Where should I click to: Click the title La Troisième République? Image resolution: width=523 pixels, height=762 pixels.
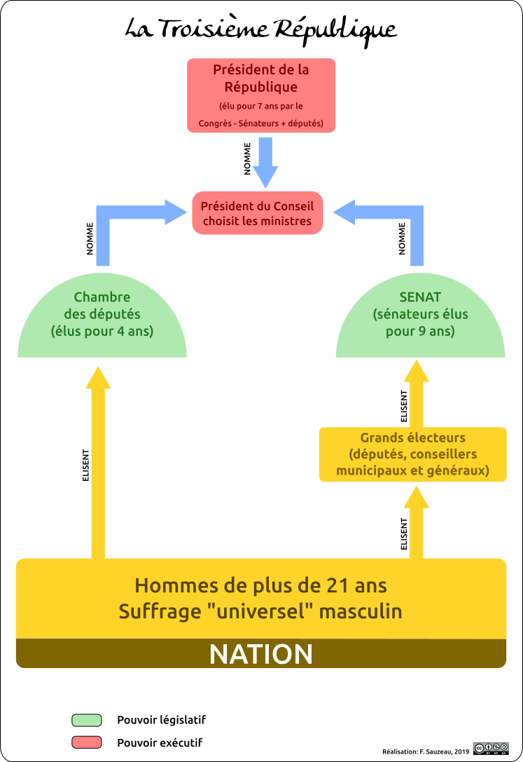(261, 29)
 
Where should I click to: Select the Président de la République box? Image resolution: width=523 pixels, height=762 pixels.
(261, 95)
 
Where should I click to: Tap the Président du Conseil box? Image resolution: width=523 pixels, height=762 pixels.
(257, 213)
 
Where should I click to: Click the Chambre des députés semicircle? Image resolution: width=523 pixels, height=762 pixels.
(102, 316)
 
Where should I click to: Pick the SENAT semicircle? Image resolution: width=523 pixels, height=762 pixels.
(420, 316)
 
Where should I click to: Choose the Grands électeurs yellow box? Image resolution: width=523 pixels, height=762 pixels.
(412, 454)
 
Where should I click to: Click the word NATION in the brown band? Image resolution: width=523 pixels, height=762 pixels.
(261, 654)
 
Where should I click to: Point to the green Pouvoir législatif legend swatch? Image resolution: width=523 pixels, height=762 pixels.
(86, 720)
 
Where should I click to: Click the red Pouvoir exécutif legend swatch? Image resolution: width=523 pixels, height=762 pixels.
(86, 742)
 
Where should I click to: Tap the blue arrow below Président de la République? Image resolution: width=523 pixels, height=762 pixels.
(265, 163)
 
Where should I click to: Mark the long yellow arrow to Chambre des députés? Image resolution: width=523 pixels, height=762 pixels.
(98, 463)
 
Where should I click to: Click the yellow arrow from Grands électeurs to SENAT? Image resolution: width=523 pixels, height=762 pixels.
(417, 394)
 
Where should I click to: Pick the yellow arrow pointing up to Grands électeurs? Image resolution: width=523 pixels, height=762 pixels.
(417, 522)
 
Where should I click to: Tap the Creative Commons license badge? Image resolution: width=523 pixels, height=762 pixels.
(491, 749)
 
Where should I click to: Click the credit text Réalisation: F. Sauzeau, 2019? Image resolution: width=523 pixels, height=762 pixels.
(426, 751)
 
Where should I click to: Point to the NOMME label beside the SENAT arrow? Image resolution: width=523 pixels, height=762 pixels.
(402, 238)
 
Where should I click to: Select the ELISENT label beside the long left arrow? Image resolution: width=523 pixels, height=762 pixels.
(86, 465)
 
